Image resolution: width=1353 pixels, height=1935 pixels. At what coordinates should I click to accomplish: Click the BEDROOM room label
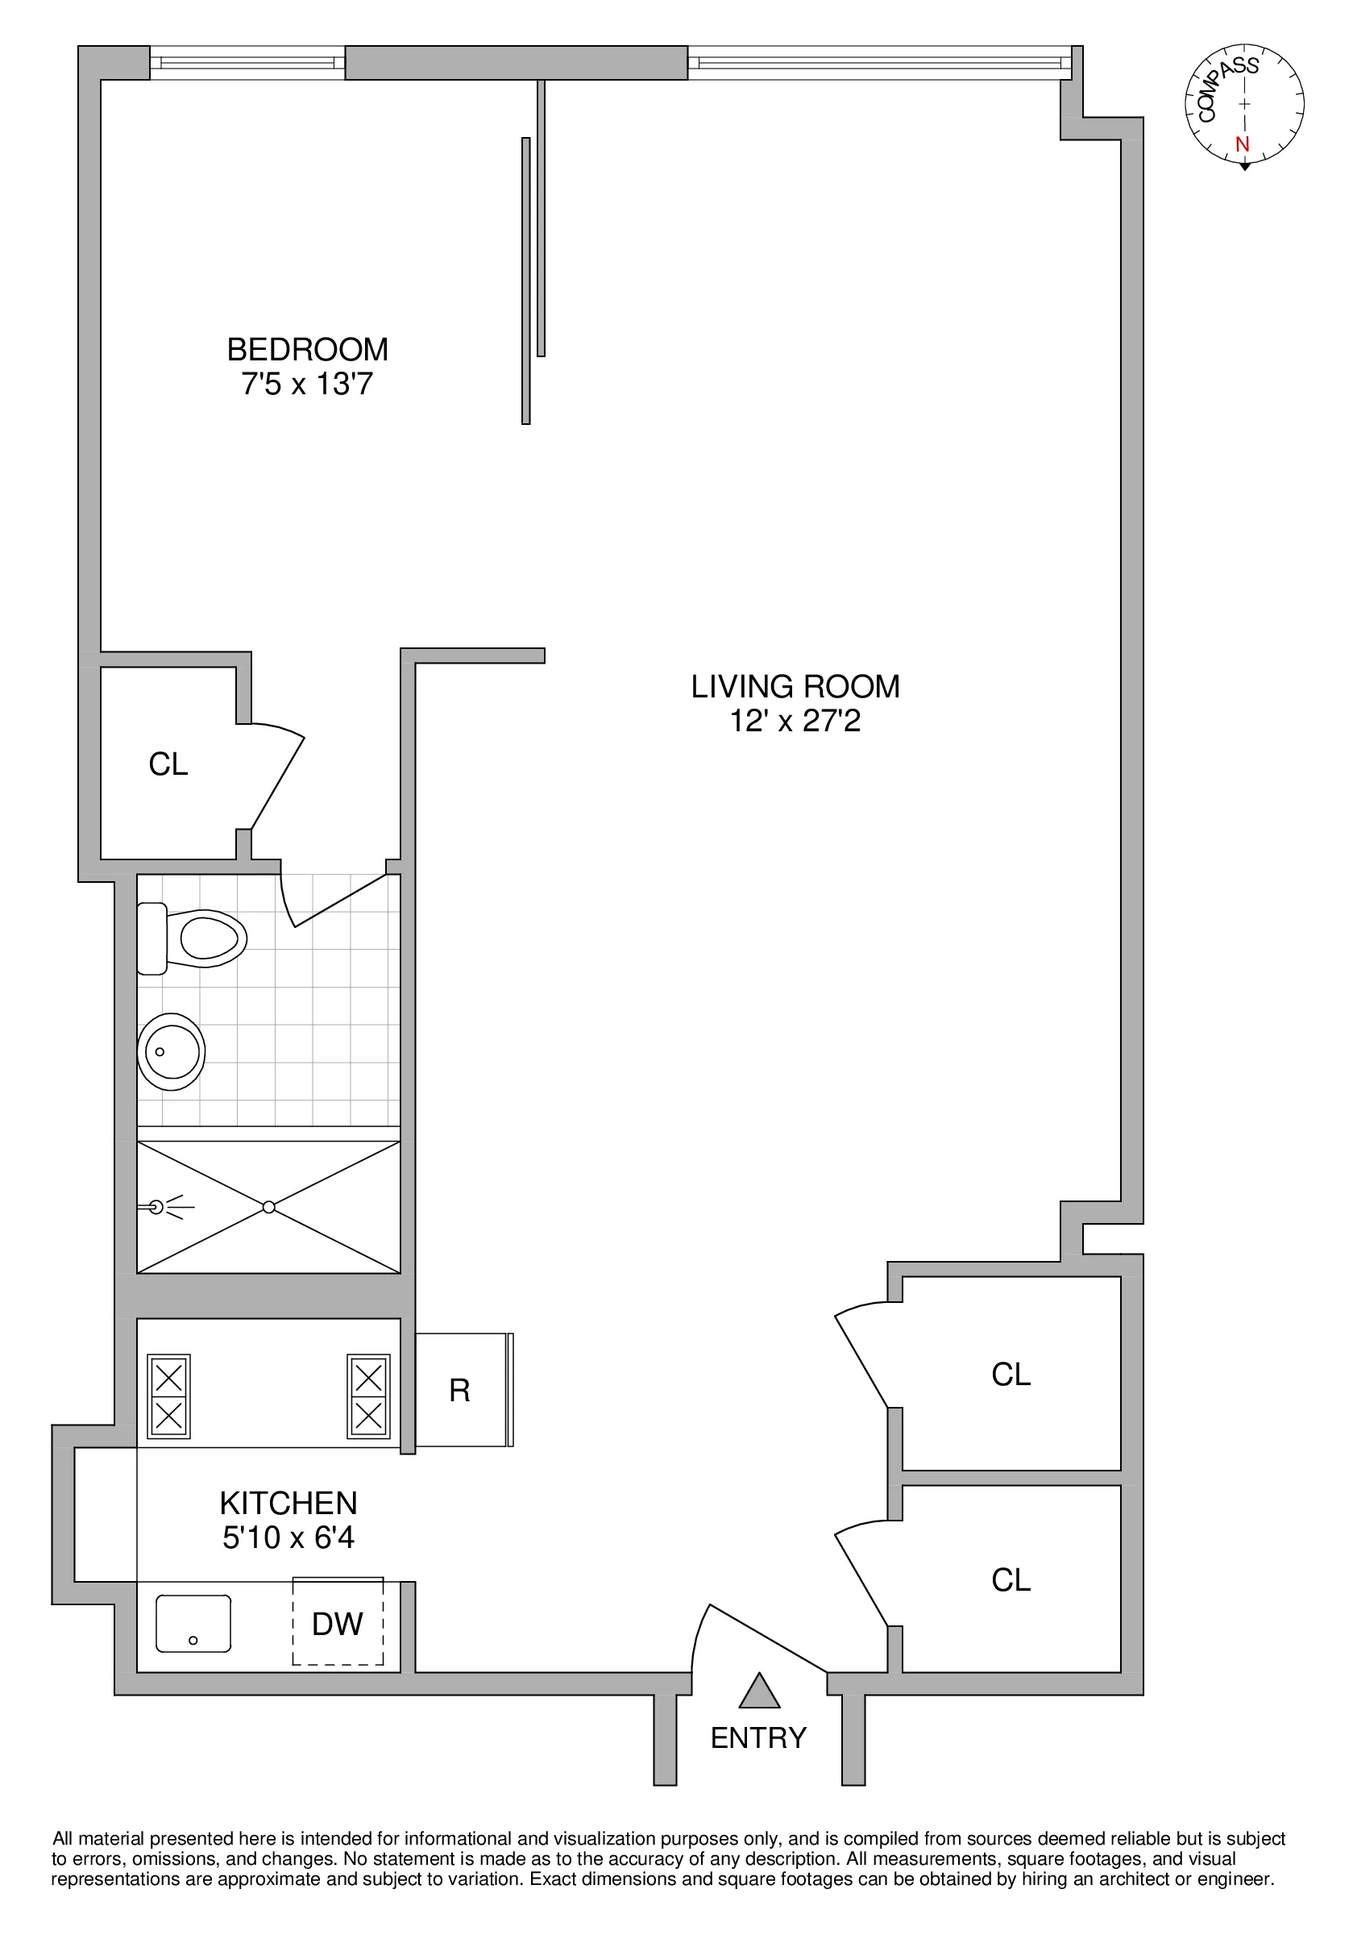click(x=307, y=349)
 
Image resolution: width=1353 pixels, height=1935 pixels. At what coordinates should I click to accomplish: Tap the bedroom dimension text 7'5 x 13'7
click(x=307, y=385)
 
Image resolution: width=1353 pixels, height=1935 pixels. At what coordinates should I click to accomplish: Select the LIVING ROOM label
click(x=795, y=687)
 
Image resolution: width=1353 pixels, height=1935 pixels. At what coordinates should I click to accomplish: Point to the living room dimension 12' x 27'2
click(x=795, y=722)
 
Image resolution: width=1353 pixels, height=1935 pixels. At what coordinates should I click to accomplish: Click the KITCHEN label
click(x=288, y=1504)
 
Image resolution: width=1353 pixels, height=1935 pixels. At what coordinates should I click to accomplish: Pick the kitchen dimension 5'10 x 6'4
click(x=288, y=1538)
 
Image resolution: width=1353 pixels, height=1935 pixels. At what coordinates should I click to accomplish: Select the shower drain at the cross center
click(x=269, y=1208)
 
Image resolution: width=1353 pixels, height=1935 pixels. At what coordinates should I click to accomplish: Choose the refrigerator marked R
click(x=461, y=1391)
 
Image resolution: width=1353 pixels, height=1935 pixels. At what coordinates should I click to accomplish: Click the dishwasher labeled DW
click(x=337, y=1624)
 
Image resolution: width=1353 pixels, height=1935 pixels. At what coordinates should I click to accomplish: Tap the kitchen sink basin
click(x=193, y=1623)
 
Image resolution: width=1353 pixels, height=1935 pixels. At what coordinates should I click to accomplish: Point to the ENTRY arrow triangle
click(x=759, y=1692)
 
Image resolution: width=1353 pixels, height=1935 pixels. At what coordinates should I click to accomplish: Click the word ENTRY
click(x=758, y=1737)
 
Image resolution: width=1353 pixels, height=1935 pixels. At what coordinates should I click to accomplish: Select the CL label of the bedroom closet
click(x=168, y=764)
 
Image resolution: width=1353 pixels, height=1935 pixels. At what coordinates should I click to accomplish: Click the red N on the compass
click(x=1242, y=144)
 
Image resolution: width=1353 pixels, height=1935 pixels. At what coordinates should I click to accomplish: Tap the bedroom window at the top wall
click(x=247, y=62)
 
